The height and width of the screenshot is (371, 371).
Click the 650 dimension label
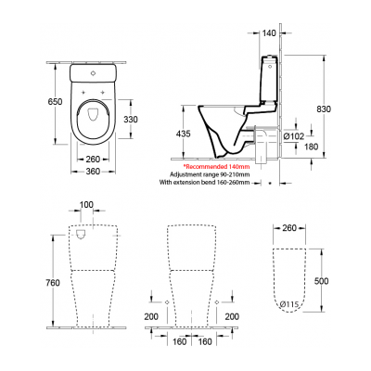click(x=29, y=101)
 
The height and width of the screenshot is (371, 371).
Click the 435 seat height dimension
click(x=184, y=135)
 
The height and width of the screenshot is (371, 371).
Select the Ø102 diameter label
click(x=292, y=138)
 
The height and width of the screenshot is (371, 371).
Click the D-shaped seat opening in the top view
click(x=92, y=116)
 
